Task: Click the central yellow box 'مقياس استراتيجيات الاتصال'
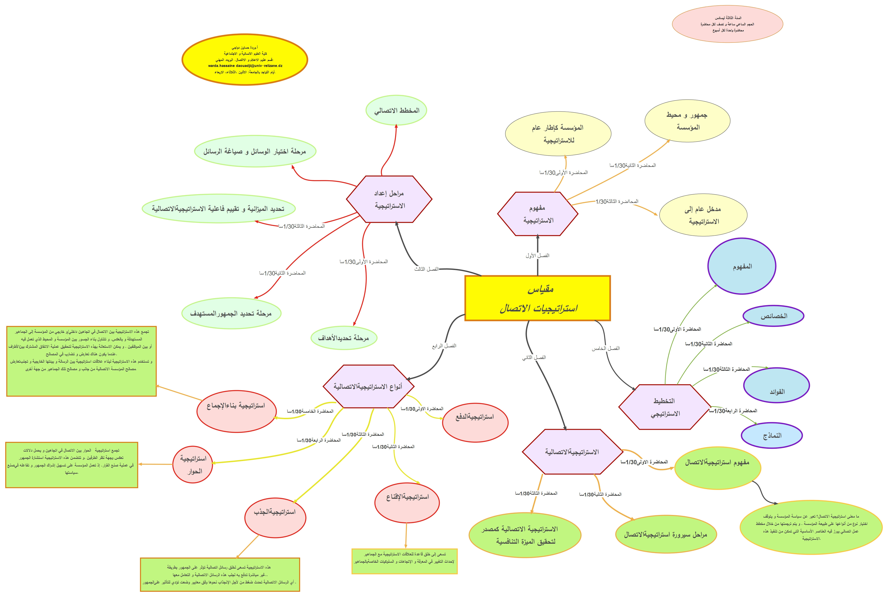point(537,298)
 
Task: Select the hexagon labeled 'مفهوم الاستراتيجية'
point(538,214)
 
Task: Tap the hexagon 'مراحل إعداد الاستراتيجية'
point(389,199)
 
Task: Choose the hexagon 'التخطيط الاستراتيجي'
point(664,407)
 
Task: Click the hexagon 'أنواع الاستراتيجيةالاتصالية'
point(368,386)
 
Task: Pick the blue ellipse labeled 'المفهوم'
point(742,266)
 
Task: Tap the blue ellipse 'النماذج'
point(772,435)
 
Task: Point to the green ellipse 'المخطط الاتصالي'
point(396,111)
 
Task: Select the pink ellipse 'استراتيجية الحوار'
point(193,464)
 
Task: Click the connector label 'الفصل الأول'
point(537,256)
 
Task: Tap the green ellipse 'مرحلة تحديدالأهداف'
point(344,338)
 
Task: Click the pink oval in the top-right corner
point(727,24)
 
